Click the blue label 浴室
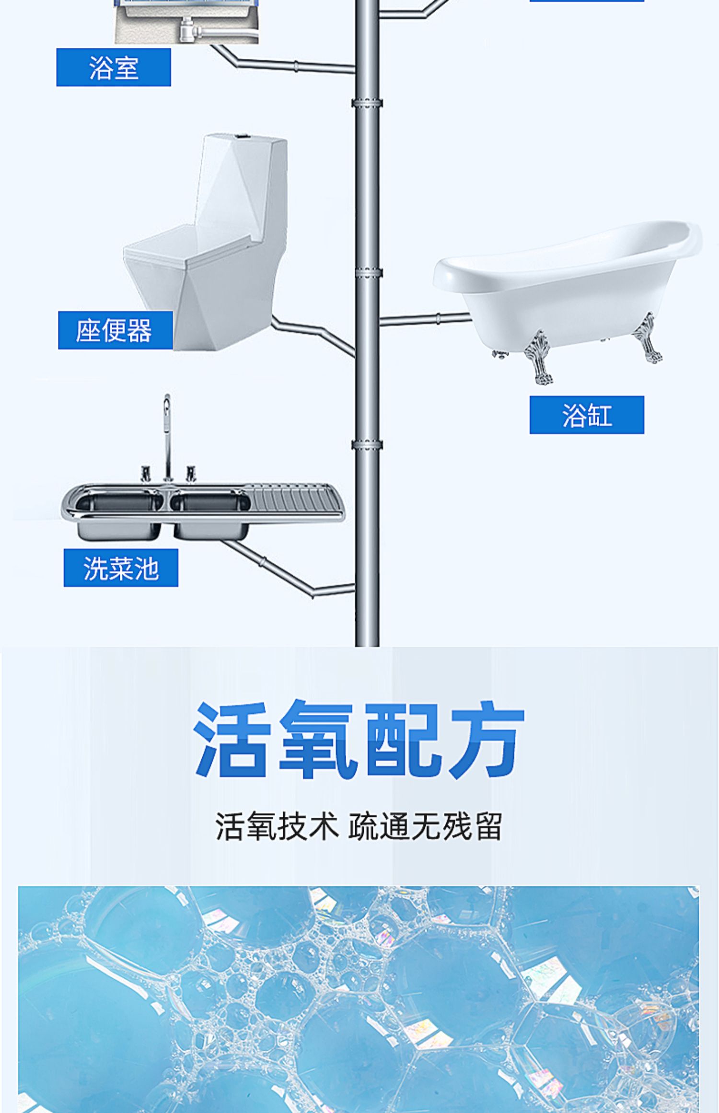pyautogui.click(x=114, y=68)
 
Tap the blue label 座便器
pyautogui.click(x=115, y=330)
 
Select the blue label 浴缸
pyautogui.click(x=587, y=415)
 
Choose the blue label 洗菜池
pyautogui.click(x=121, y=568)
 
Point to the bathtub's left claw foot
pyautogui.click(x=539, y=357)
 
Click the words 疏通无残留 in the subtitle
pyautogui.click(x=425, y=827)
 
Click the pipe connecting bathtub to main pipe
pyautogui.click(x=424, y=318)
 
